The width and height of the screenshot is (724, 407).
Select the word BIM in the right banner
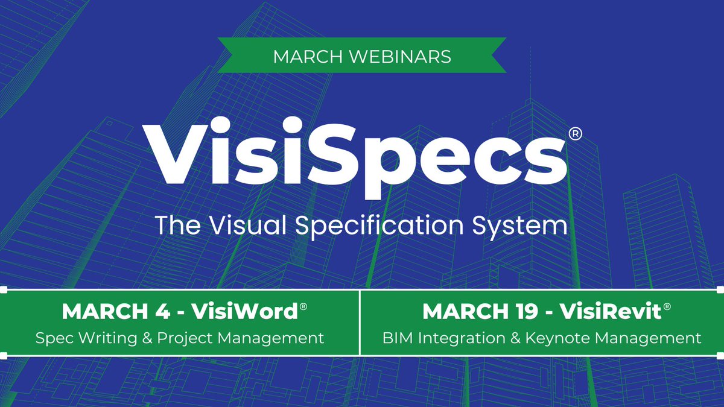pyautogui.click(x=397, y=338)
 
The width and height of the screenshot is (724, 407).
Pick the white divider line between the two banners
pyautogui.click(x=360, y=323)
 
